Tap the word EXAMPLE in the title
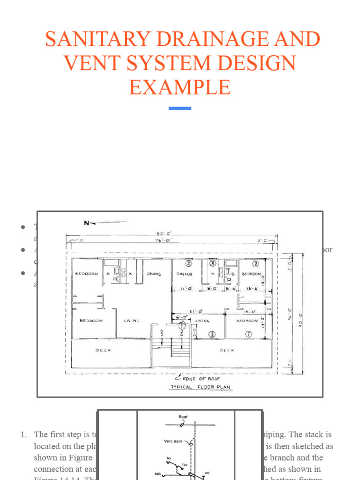pos(180,87)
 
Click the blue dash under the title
pos(180,108)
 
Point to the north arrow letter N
pos(87,223)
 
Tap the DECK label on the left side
pos(103,351)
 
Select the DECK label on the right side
pos(226,350)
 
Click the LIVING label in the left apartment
pos(132,321)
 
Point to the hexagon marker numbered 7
pos(248,333)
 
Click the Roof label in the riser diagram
pos(183,417)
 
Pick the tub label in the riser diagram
pos(157,473)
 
